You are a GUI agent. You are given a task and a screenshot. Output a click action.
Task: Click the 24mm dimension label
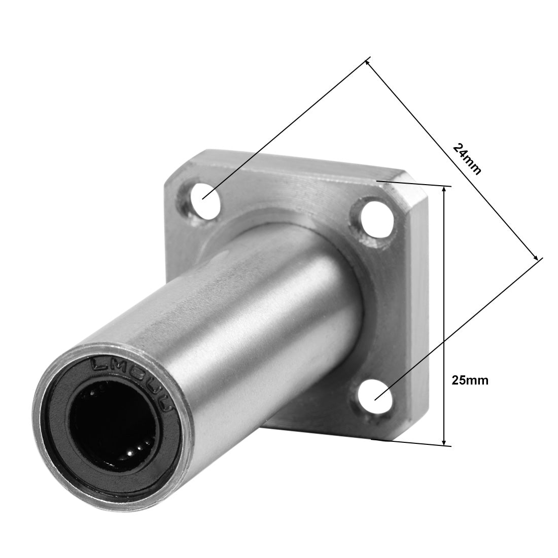coord(466,159)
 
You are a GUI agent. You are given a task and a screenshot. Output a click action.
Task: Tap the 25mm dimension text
coord(470,380)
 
